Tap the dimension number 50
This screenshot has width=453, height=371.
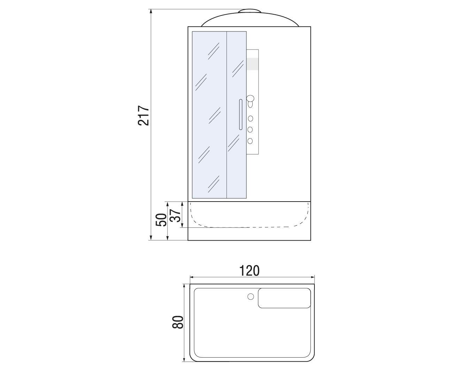(161, 220)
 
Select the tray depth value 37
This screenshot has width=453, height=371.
(175, 216)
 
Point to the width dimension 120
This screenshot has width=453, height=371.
(249, 271)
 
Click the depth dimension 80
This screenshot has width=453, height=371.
(178, 322)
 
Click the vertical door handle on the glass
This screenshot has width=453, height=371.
(240, 115)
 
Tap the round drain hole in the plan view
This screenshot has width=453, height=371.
(251, 297)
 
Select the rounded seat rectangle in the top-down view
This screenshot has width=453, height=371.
(284, 298)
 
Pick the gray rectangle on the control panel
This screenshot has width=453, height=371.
(252, 64)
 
